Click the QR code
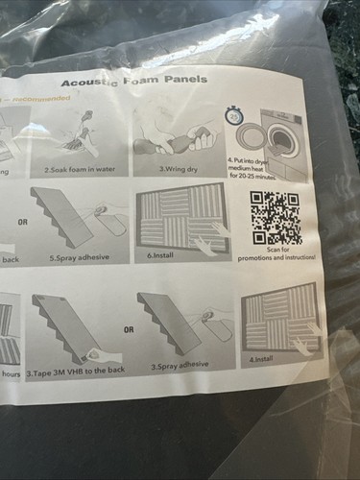(x=274, y=218)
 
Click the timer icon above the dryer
(x=235, y=116)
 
